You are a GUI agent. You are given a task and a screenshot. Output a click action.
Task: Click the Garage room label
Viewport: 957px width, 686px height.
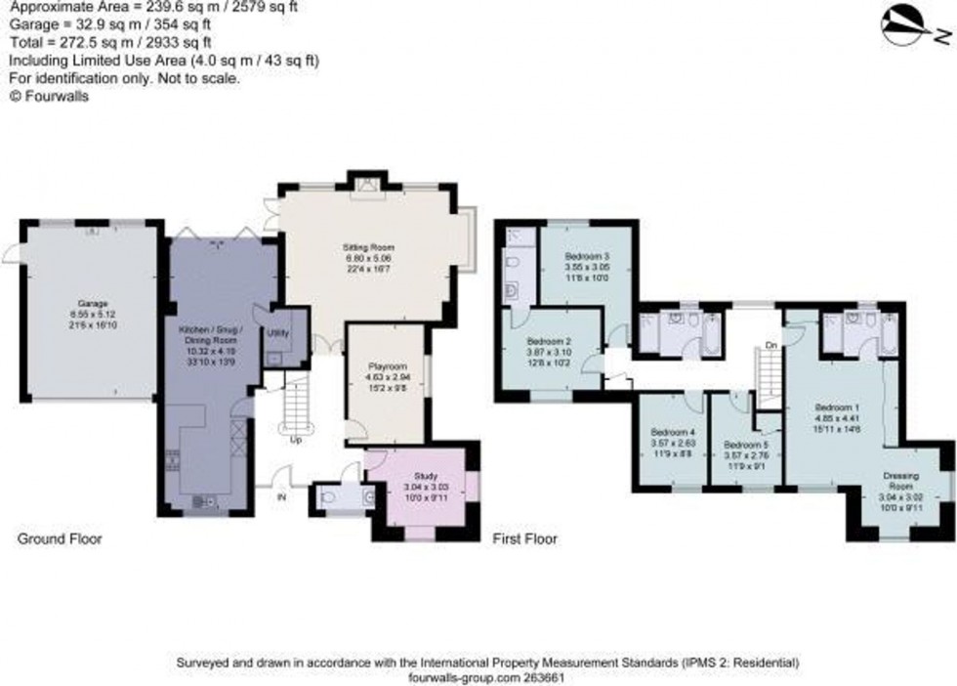(93, 304)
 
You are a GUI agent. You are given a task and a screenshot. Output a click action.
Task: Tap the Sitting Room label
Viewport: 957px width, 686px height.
(360, 249)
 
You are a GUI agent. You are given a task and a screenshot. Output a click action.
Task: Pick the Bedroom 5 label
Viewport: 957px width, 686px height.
(745, 442)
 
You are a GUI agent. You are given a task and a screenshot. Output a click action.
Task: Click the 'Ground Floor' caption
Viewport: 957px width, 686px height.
(59, 538)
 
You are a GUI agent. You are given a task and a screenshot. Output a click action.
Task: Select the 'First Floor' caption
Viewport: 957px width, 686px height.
(525, 538)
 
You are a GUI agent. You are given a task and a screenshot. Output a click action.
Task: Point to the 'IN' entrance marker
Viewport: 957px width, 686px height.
(283, 496)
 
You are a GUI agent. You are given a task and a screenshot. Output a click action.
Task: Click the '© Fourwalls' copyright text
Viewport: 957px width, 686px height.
(49, 96)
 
